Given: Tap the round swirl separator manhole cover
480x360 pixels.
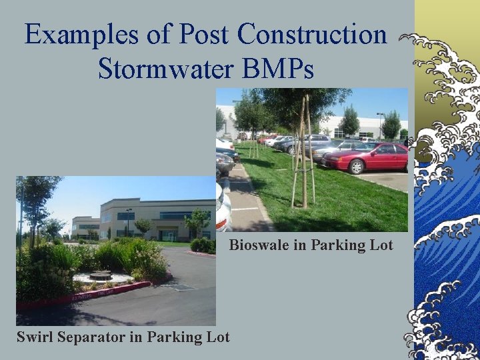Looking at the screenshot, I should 100,275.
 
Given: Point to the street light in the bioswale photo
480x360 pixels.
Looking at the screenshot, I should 380,123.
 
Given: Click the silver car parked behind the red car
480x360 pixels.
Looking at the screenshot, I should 333,147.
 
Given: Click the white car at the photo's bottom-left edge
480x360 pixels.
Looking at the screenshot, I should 223,207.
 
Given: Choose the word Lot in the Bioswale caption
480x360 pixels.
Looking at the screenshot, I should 381,245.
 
